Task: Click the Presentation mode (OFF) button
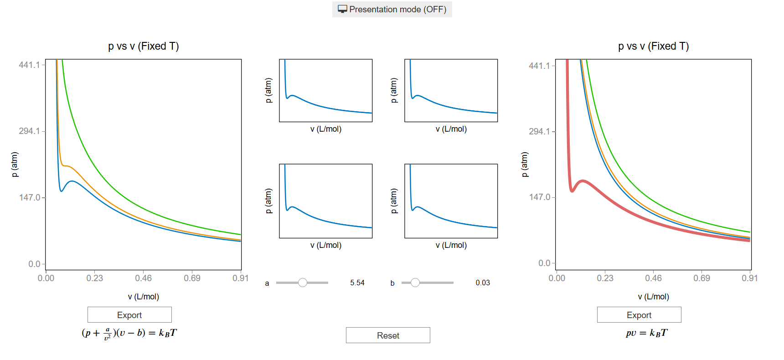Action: click(392, 9)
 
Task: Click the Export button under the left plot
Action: click(129, 315)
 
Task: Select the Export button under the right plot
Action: click(639, 315)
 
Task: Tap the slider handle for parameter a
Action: click(303, 283)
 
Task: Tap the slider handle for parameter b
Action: click(415, 283)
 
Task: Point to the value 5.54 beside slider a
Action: click(357, 283)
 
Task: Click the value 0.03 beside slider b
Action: click(483, 283)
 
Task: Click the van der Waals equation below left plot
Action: click(129, 334)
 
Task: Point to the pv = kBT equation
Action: click(646, 333)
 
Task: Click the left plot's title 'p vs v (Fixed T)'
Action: click(144, 46)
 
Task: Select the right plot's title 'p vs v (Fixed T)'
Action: click(653, 46)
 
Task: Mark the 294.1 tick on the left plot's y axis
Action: click(29, 131)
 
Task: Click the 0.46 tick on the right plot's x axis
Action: click(653, 278)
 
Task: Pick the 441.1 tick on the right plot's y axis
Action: click(539, 66)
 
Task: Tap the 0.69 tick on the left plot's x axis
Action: click(192, 278)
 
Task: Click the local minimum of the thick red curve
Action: click(572, 191)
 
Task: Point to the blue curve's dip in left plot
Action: click(62, 191)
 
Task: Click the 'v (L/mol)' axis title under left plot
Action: click(144, 297)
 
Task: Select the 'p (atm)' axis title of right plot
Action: click(525, 165)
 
